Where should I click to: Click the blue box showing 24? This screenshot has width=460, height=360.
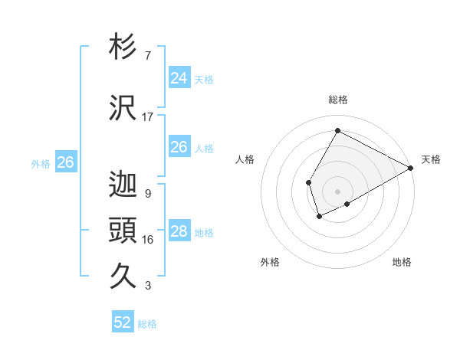[179, 78]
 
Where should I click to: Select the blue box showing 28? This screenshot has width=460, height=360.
[179, 231]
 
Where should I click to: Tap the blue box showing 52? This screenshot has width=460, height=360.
[123, 322]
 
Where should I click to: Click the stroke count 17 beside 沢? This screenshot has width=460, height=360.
[148, 117]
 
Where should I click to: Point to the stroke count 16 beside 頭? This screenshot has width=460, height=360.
[148, 240]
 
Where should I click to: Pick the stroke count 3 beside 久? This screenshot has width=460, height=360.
[148, 286]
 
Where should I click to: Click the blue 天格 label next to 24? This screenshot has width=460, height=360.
[204, 79]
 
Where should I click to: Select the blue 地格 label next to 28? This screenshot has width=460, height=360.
[204, 232]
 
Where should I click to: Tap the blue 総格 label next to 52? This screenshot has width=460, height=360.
[148, 323]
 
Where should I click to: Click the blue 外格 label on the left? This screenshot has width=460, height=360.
[41, 163]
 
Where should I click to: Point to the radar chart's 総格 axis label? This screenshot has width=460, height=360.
[337, 100]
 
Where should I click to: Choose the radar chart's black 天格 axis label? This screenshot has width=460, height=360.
[431, 159]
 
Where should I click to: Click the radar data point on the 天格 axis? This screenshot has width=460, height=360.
[411, 168]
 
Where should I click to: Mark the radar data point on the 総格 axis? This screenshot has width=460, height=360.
[337, 131]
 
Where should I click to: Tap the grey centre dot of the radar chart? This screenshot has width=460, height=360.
[337, 191]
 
